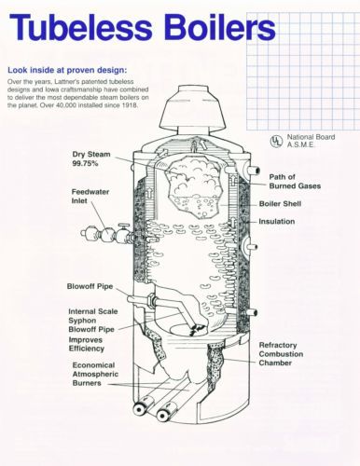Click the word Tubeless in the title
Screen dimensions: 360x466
[x=81, y=27]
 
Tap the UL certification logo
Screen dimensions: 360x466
[x=276, y=142]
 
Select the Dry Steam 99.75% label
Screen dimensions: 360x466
[x=91, y=158]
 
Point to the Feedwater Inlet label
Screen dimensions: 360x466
[x=90, y=197]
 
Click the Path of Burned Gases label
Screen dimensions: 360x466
[x=295, y=182]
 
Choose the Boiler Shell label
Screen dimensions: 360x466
[x=280, y=204]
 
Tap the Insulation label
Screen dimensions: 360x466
[x=277, y=222]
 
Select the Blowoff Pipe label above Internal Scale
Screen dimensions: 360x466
[x=90, y=286]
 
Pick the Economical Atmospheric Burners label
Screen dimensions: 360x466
[x=95, y=374]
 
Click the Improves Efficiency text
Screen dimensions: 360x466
[x=87, y=344]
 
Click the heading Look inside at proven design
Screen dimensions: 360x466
[x=67, y=70]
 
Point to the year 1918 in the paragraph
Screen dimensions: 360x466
[x=131, y=105]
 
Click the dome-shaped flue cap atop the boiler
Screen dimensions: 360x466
[x=193, y=109]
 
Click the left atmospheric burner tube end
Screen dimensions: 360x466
[x=140, y=409]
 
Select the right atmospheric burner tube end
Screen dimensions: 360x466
[x=163, y=415]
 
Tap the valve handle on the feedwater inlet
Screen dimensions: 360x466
[x=124, y=225]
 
